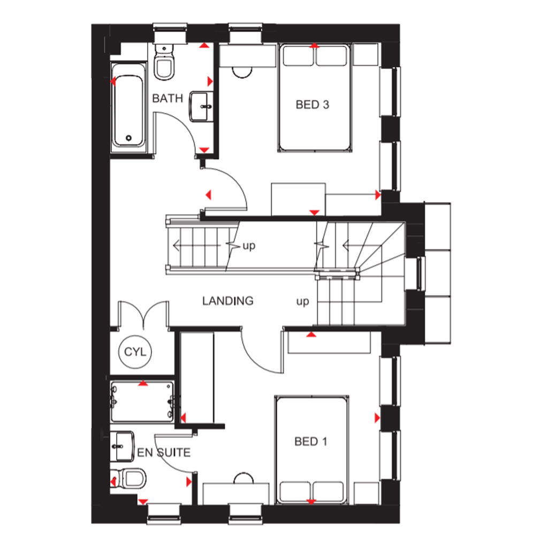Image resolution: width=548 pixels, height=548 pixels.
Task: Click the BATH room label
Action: tap(168, 98)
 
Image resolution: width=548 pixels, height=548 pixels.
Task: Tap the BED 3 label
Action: tap(312, 104)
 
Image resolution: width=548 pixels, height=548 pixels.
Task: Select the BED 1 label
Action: tap(311, 442)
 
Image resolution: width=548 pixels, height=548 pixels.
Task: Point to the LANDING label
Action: tap(228, 301)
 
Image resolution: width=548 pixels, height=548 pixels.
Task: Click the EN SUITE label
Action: tap(164, 453)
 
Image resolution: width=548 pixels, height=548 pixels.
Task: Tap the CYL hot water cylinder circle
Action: tap(135, 352)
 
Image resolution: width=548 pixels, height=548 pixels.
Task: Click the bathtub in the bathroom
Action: tap(128, 108)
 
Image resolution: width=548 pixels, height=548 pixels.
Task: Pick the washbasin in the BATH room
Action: tap(201, 106)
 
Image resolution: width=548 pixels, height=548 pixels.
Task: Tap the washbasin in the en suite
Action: tap(122, 446)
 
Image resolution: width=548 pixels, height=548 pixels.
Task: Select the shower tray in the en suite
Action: tap(142, 401)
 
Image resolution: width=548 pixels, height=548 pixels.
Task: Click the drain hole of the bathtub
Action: tap(128, 138)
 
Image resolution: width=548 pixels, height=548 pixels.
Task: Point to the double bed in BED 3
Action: tap(315, 97)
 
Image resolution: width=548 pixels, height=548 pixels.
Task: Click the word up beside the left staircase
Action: tap(249, 246)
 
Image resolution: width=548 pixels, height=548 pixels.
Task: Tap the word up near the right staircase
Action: tap(303, 302)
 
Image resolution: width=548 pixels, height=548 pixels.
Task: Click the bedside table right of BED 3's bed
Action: tap(366, 54)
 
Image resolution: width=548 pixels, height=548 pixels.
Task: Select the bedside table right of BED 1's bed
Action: tap(367, 493)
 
